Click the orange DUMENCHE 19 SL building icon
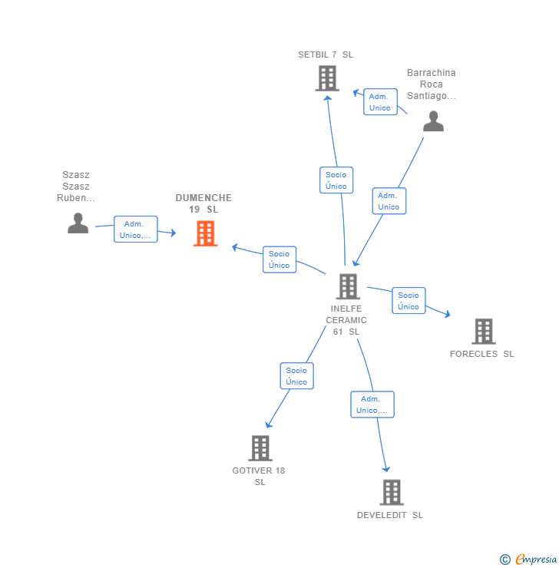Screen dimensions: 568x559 (x=205, y=233)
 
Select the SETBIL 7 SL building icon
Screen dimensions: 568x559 (x=327, y=78)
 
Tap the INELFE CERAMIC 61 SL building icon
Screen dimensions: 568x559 (x=348, y=286)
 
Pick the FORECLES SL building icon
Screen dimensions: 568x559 (x=483, y=332)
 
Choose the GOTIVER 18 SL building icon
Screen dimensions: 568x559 (x=260, y=448)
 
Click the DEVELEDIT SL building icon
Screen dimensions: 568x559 (x=392, y=492)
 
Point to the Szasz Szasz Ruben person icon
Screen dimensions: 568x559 (x=78, y=223)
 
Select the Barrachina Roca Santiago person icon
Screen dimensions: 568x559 (x=433, y=121)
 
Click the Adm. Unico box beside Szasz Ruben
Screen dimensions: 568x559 (x=136, y=230)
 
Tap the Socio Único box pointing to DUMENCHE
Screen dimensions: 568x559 (x=279, y=259)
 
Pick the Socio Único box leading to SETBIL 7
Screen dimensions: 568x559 (x=336, y=180)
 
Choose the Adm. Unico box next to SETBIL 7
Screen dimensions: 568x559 (x=380, y=102)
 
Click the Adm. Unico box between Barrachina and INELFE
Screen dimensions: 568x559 (x=389, y=201)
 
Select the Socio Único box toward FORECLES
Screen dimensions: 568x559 (x=408, y=301)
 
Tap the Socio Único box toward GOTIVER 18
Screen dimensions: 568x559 (x=296, y=376)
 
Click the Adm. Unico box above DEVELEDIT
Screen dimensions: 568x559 (x=372, y=405)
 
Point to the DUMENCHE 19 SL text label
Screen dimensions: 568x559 (x=203, y=203)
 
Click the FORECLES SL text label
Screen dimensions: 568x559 (x=482, y=354)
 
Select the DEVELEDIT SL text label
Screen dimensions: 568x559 (x=390, y=515)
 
